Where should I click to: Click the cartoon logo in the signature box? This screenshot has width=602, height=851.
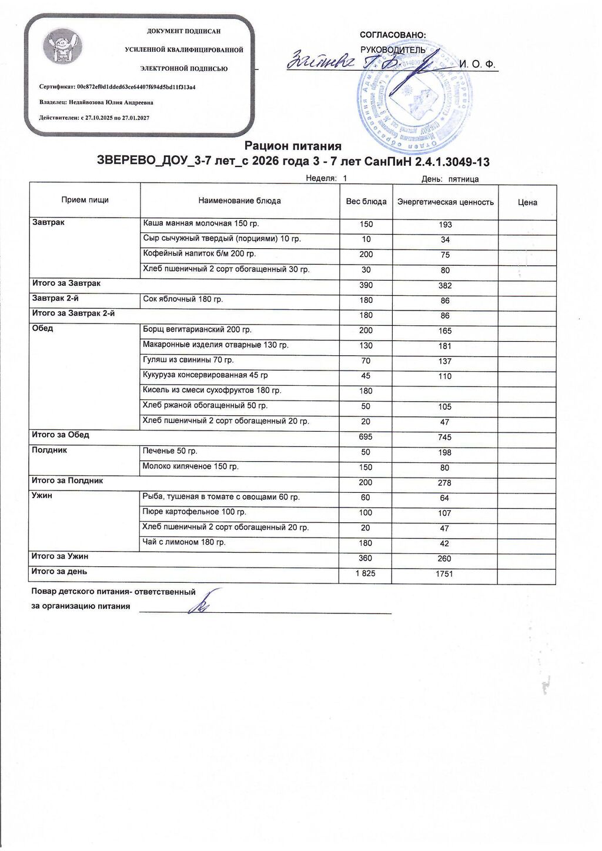[x=63, y=48]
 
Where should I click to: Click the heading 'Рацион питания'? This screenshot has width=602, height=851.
[x=293, y=146]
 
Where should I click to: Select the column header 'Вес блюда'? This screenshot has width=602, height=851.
[x=366, y=202]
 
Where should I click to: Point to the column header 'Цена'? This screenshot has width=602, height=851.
[x=527, y=202]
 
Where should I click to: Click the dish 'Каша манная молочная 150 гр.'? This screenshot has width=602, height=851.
[x=200, y=223]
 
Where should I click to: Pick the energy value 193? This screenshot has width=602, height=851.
[x=445, y=225]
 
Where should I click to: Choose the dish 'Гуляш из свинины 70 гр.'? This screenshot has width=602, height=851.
[x=188, y=360]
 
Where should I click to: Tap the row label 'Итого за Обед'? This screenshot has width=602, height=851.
[x=60, y=435]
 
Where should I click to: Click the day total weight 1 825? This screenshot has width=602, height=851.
[x=365, y=573]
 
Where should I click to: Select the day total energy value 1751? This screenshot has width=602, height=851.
[x=444, y=574]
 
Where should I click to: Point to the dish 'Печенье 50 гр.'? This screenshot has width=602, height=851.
[x=170, y=451]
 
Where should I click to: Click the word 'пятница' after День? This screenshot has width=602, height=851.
[x=463, y=179]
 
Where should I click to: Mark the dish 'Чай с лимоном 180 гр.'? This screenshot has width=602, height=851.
[x=184, y=542]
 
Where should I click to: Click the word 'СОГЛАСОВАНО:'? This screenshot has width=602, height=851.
[x=393, y=35]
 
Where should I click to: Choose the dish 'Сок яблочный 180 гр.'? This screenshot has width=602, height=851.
[x=183, y=299]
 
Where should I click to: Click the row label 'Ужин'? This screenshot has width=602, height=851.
[x=42, y=496]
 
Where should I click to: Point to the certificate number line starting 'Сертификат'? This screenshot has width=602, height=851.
[x=117, y=87]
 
